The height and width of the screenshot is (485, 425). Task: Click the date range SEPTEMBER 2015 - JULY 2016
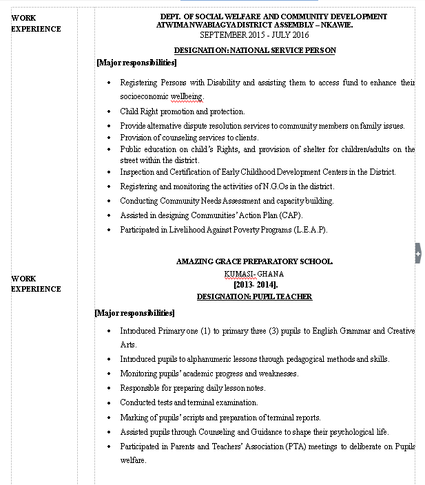254,34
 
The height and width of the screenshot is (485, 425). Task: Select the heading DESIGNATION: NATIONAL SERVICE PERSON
254,50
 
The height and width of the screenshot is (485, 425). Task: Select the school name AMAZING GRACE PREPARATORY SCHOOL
254,261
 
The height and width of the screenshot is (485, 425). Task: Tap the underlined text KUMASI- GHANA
254,274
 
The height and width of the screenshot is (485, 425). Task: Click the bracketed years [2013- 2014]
254,284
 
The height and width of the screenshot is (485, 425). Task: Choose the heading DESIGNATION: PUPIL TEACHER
254,297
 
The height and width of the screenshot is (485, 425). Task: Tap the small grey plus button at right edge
417,253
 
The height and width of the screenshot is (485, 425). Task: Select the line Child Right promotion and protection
182,111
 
